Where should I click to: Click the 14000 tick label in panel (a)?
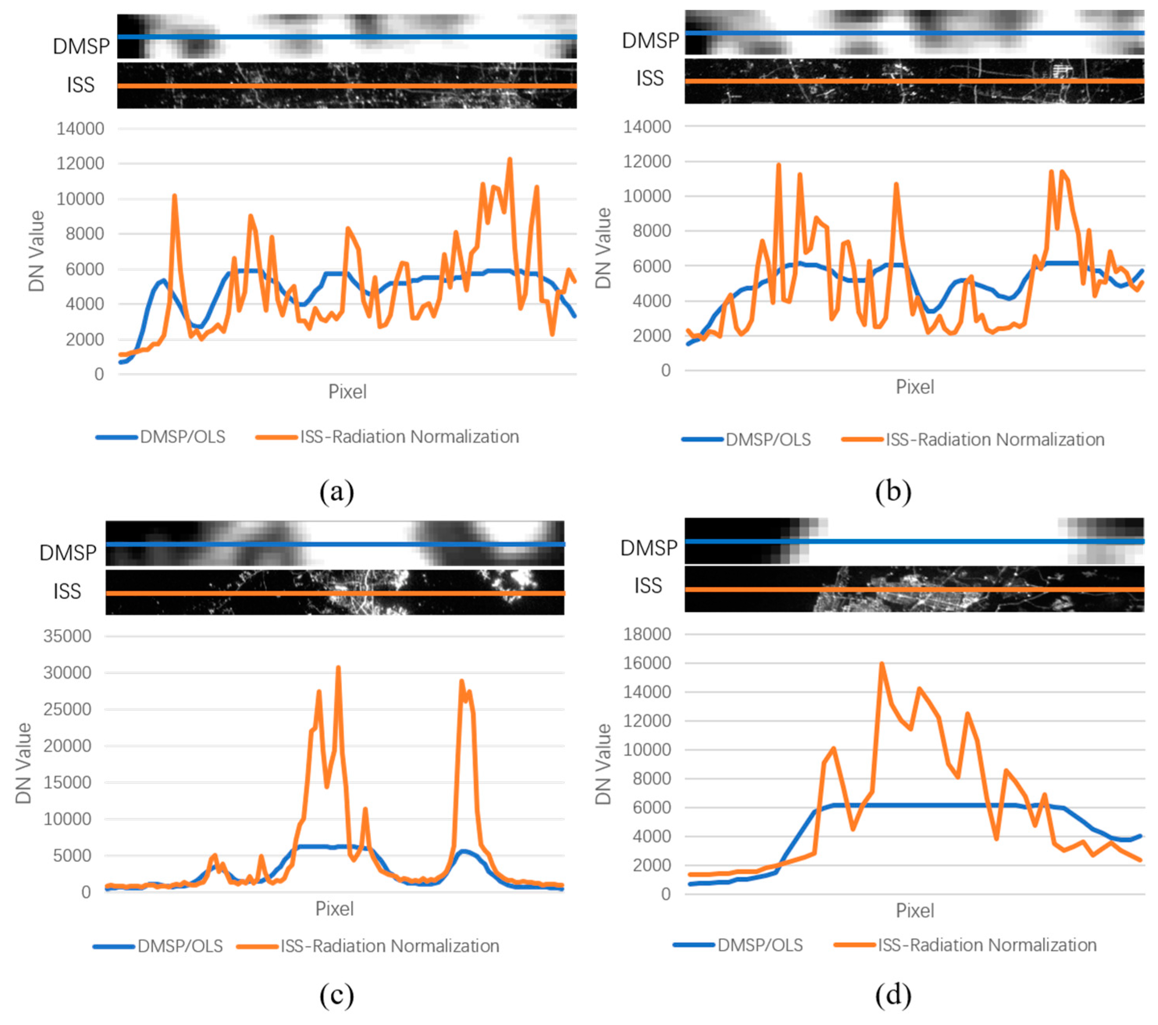(80, 129)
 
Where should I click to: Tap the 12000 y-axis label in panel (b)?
(647, 161)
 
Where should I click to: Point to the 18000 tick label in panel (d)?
(647, 634)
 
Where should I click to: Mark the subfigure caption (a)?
(336, 491)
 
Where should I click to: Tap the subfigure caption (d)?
(893, 995)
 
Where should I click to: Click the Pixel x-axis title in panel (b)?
(914, 387)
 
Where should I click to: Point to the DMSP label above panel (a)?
(81, 46)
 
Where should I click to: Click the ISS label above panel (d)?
(647, 585)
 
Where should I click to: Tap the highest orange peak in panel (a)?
(509, 160)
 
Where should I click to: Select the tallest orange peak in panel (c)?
(338, 668)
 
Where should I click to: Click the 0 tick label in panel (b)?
(666, 371)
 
